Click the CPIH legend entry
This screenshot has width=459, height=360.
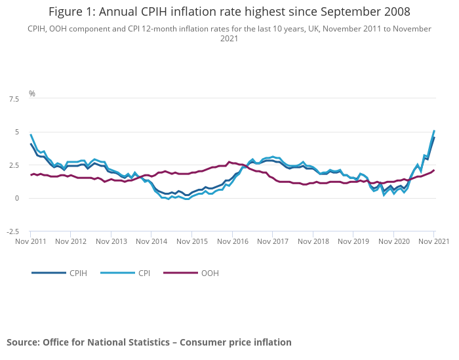pyautogui.click(x=77, y=273)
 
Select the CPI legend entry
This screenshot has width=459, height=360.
pyautogui.click(x=144, y=273)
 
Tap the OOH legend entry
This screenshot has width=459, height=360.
pyautogui.click(x=210, y=273)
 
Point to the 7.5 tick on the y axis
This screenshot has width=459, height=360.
pyautogui.click(x=14, y=99)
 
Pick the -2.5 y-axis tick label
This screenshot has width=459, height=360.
pyautogui.click(x=12, y=231)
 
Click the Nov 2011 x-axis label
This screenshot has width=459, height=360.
pyautogui.click(x=31, y=241)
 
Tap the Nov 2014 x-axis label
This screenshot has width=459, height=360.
pyautogui.click(x=151, y=241)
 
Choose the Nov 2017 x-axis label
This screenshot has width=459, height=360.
pyautogui.click(x=272, y=241)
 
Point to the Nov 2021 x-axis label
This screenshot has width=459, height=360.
pyautogui.click(x=433, y=241)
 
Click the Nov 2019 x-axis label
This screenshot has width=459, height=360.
pyautogui.click(x=353, y=241)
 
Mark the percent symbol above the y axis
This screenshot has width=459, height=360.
pyautogui.click(x=31, y=94)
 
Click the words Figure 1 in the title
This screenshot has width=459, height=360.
pyautogui.click(x=74, y=12)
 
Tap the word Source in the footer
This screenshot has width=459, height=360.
pyautogui.click(x=23, y=342)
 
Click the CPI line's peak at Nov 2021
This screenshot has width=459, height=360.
pyautogui.click(x=433, y=130)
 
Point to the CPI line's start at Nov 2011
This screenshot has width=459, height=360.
pyautogui.click(x=31, y=134)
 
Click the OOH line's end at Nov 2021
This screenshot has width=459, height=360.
pyautogui.click(x=433, y=170)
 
